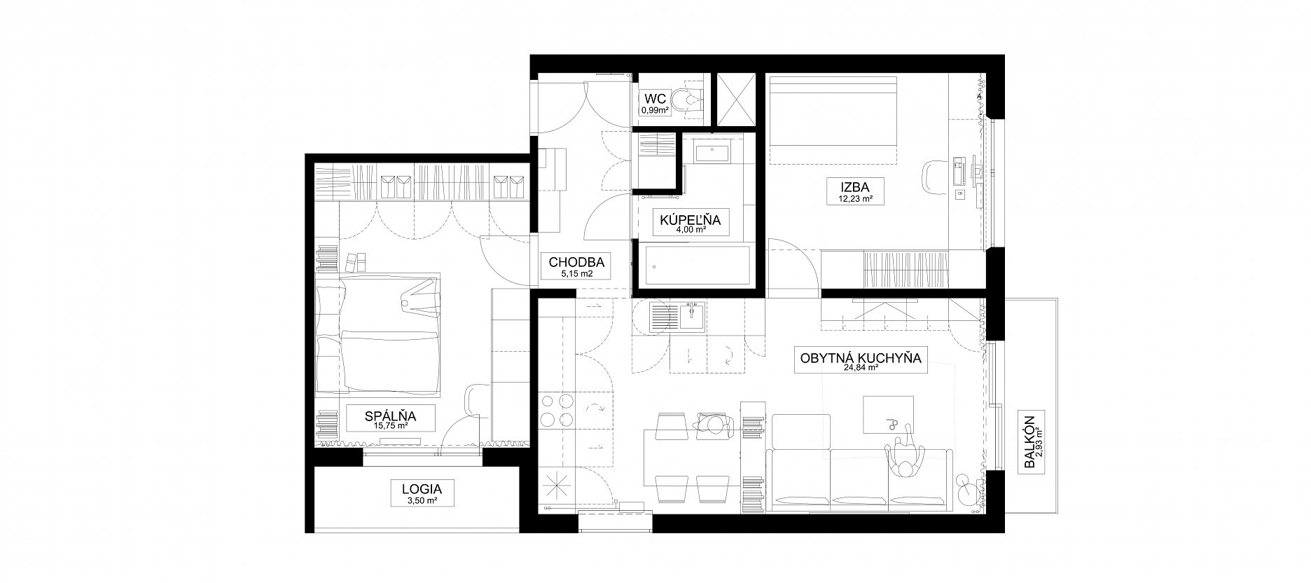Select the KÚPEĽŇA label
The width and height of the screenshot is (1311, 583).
pyautogui.click(x=690, y=219)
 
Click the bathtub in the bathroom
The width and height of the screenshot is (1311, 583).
pyautogui.click(x=696, y=266)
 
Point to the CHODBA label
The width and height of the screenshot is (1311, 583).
pyautogui.click(x=576, y=262)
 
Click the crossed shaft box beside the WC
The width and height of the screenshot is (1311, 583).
pyautogui.click(x=735, y=99)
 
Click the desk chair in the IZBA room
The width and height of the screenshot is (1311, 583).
pyautogui.click(x=933, y=175)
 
